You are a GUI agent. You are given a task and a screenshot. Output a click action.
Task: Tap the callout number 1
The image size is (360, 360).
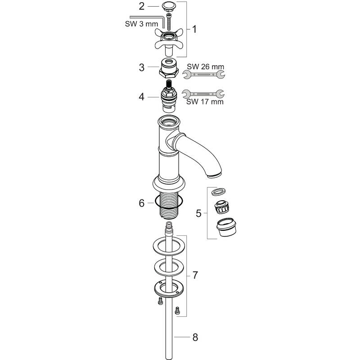coord(194,30)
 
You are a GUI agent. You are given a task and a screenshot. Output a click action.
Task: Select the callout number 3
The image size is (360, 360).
coord(142,67)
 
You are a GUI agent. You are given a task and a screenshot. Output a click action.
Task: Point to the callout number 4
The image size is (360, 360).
coord(142,96)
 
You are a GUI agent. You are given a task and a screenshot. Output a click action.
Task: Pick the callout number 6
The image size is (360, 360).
coord(142,203)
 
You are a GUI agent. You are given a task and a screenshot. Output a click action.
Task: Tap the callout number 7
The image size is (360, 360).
coord(195,274)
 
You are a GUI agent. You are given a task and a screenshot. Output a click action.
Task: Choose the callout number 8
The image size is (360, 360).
coord(195,337)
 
